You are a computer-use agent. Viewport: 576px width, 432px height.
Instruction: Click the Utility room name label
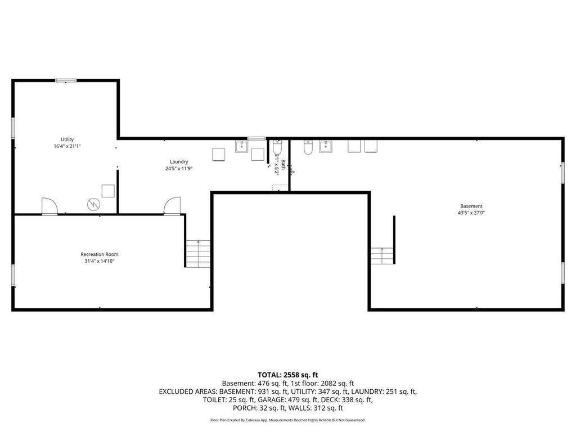[67, 139]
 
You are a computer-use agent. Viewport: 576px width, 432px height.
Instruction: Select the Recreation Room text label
[100, 254]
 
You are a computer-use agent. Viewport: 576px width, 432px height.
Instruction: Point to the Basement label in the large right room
[471, 206]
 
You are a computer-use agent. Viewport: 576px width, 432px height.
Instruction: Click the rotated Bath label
[283, 165]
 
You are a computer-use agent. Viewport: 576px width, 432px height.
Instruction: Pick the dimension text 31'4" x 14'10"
[100, 261]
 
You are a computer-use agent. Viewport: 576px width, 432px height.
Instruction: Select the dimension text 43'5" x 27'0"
[471, 213]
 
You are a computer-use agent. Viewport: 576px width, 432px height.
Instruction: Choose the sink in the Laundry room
[242, 147]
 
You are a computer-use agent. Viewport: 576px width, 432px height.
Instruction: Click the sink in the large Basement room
[326, 146]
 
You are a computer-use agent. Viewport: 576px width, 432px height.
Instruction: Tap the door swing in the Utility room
[49, 206]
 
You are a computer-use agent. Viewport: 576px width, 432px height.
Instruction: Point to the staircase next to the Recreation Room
[198, 253]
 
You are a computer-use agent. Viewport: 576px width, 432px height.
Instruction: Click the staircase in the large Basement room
[382, 256]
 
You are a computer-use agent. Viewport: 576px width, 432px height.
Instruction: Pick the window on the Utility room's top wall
[66, 80]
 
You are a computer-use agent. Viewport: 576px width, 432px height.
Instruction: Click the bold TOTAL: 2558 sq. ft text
[288, 375]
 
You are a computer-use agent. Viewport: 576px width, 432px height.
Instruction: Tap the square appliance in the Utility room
[108, 190]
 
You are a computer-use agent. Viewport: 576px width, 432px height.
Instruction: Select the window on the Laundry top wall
[256, 138]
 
